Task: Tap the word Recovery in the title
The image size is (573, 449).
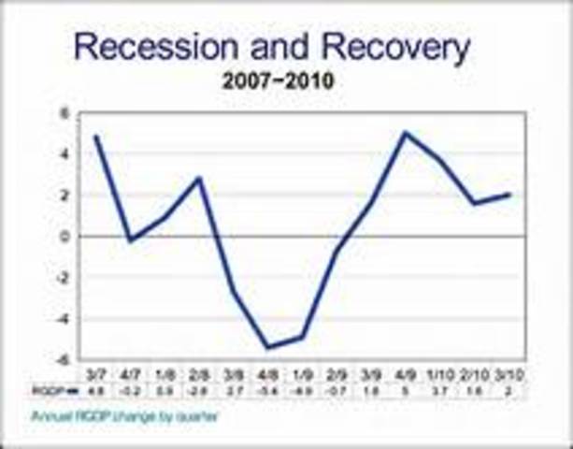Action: click(x=392, y=47)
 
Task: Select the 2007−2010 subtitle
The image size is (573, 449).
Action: click(x=278, y=81)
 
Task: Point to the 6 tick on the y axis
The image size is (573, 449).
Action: click(x=66, y=113)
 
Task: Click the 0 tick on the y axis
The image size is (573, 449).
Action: click(x=66, y=237)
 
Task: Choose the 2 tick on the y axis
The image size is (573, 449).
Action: click(x=66, y=196)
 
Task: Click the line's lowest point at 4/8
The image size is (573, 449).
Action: click(x=269, y=347)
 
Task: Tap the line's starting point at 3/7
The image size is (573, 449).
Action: click(x=96, y=137)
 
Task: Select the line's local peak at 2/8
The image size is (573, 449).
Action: click(x=199, y=178)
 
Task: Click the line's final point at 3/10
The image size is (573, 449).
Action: click(x=510, y=195)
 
